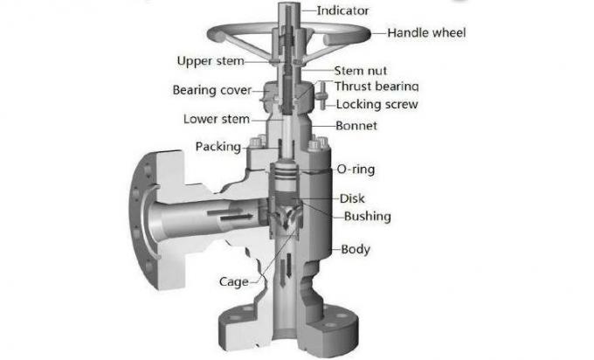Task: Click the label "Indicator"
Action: point(342,11)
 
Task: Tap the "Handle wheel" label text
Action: point(425,33)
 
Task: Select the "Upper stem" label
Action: point(211,61)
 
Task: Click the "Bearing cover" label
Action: point(211,90)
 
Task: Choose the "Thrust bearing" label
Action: point(376,87)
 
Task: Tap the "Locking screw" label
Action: point(376,105)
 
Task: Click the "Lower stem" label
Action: point(217,119)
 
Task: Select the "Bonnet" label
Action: point(356,126)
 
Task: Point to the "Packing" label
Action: point(218,146)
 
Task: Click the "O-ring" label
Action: point(357,169)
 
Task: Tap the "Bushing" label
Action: point(366,216)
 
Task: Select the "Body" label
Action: point(355,249)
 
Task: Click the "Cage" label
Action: point(233,281)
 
